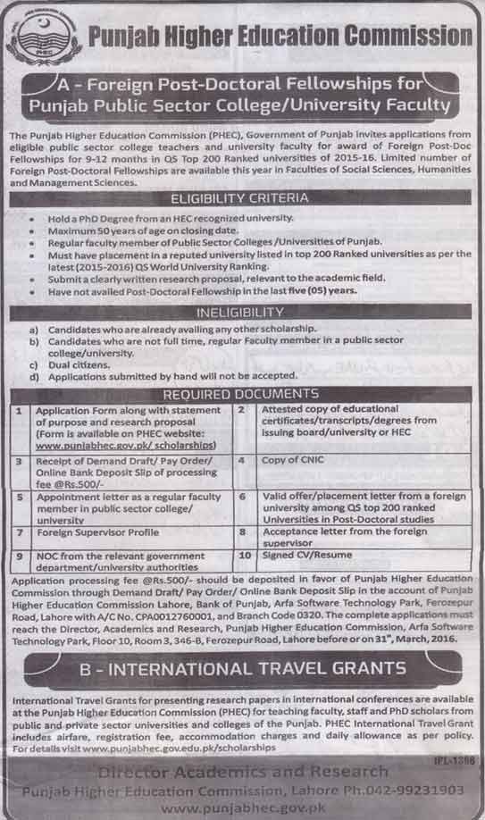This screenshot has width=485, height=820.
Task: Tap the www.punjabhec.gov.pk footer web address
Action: [x=242, y=807]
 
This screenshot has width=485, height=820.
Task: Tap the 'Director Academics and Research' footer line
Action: [x=242, y=770]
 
